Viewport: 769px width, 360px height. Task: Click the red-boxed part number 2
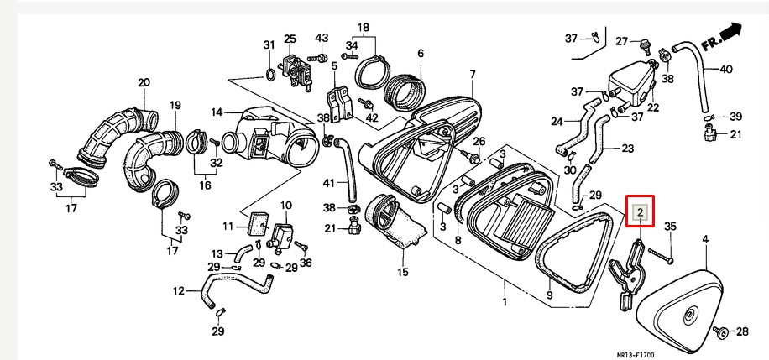[x=640, y=213]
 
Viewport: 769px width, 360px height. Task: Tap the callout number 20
[x=144, y=82]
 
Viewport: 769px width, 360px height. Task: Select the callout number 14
[x=216, y=112]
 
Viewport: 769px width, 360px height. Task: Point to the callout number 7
[x=473, y=75]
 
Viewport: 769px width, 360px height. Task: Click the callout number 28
[x=742, y=332]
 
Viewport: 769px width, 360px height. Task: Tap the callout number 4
[x=705, y=240]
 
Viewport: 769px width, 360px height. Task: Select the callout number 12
[x=177, y=291]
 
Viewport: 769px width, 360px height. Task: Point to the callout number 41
[x=328, y=183]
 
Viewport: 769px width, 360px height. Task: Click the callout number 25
[x=290, y=39]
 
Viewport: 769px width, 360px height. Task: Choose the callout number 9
[x=549, y=295]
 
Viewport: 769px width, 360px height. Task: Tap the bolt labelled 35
[x=659, y=253]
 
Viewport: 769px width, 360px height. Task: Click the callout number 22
[x=652, y=107]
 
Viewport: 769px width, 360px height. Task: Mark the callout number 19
[x=175, y=105]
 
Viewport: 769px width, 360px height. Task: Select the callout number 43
[x=322, y=39]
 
